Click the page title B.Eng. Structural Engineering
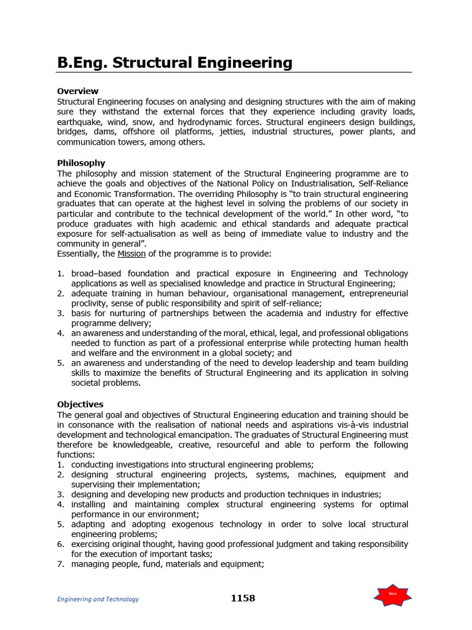(x=175, y=62)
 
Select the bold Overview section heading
(x=77, y=91)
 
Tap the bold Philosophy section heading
(x=81, y=163)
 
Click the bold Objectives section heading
(x=81, y=404)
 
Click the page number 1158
(x=243, y=598)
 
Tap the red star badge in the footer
(x=393, y=594)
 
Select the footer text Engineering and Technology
(x=98, y=599)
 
